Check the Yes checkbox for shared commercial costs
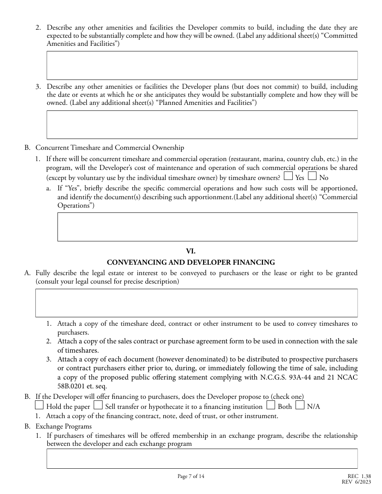coord(288,176)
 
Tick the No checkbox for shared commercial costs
coord(312,176)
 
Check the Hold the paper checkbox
coord(39,405)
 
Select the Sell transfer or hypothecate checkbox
coord(98,405)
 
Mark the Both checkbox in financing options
coord(271,405)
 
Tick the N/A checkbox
coord(300,405)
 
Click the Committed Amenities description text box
coord(202,65)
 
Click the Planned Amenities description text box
coord(202,125)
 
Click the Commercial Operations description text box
coord(207,227)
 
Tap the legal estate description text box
coord(196,303)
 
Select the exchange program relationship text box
coord(202,459)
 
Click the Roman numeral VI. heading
coord(191,251)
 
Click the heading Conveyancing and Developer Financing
coord(191,262)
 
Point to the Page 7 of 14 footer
coord(191,476)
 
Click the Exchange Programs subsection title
coord(64,426)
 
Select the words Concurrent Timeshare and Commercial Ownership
coord(110,148)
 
